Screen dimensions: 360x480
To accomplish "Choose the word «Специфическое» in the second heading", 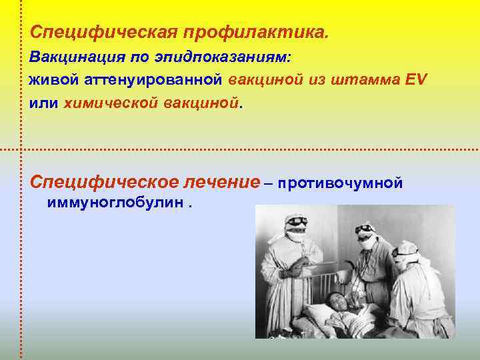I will [103, 182].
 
